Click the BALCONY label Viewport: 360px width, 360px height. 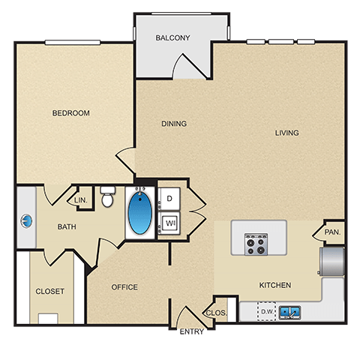172,38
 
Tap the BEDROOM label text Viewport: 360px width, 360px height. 70,113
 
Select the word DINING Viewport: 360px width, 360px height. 174,124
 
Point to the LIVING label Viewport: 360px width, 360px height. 286,133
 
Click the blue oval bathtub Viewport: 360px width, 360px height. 139,212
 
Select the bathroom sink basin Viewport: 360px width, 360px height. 27,221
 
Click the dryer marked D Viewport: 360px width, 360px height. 169,199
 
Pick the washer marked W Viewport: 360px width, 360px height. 170,223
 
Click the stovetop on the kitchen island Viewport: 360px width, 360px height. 256,243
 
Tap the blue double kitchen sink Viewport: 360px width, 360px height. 290,311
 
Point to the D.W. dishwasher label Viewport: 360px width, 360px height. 267,311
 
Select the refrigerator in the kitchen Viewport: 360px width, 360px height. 331,261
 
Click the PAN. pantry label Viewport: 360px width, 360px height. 332,232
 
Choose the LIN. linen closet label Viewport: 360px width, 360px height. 81,199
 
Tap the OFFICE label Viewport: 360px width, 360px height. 124,287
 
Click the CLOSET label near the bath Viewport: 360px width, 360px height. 50,291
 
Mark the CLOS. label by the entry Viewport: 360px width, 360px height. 216,312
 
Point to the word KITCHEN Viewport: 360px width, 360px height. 275,285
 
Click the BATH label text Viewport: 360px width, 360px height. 67,226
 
